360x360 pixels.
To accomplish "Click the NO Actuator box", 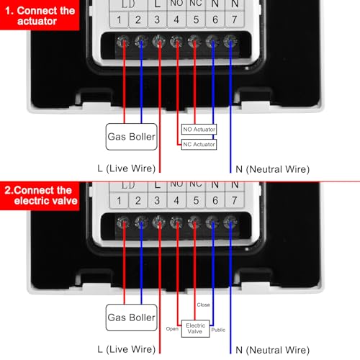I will pos(199,130).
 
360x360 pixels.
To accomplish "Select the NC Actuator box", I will pos(199,145).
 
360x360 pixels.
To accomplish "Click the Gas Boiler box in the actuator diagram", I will pos(132,136).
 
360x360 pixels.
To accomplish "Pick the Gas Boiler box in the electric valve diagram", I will pos(132,317).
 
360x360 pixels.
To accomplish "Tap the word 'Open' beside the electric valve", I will pos(172,329).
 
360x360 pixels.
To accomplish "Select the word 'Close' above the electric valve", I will pos(204,305).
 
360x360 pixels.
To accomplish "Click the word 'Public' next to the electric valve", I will pos(218,329).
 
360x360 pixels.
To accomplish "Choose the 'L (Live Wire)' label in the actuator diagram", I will pos(127,169).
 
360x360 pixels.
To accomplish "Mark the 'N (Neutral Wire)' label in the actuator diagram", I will pos(272,169).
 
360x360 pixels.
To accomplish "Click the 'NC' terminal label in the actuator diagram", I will pos(194,4).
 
